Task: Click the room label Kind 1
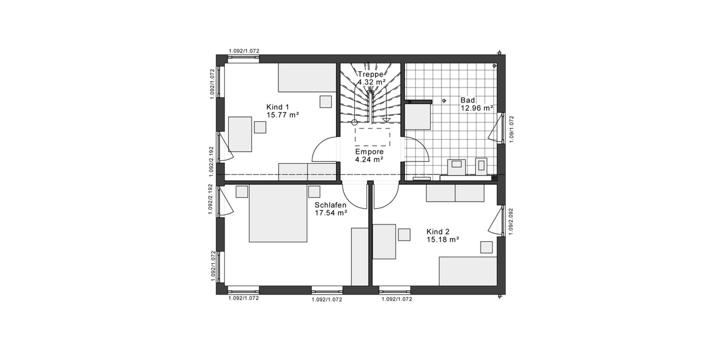[277, 107]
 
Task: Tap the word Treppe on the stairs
[370, 74]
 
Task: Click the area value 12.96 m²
[476, 109]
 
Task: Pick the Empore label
[369, 152]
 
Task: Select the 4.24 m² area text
[369, 160]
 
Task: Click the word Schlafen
[330, 205]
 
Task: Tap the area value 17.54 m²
[331, 212]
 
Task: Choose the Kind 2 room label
[438, 231]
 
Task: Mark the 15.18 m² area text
[443, 239]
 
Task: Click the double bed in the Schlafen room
[278, 214]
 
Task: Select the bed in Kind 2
[468, 271]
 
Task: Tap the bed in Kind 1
[307, 78]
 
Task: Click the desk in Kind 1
[241, 134]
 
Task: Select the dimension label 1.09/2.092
[511, 222]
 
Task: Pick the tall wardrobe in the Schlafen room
[359, 256]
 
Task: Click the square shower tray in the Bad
[418, 116]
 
